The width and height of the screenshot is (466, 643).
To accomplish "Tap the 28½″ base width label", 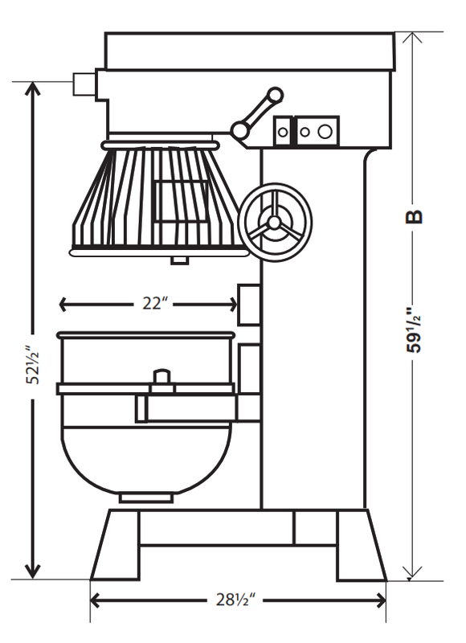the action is point(235,600).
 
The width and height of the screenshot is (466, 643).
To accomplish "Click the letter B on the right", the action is point(414,216).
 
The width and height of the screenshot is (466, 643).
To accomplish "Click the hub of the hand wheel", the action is point(273,223).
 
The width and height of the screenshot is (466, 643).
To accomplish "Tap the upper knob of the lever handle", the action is point(275,95).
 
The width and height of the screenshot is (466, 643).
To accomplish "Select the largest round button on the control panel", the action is point(325,131).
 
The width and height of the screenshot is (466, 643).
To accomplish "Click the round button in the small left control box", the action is point(283,132).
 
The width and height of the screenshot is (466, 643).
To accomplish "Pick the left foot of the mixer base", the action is point(115,546).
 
